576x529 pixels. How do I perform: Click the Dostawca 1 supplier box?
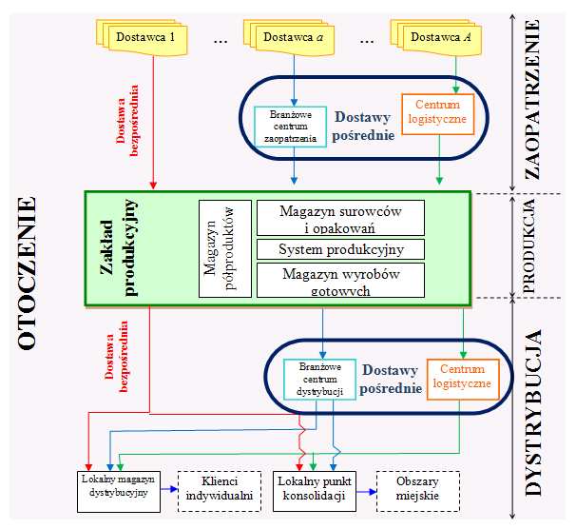[145, 37]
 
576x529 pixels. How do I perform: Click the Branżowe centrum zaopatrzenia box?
[292, 126]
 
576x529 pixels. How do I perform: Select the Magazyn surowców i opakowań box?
[340, 217]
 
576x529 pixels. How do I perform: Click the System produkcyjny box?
[340, 249]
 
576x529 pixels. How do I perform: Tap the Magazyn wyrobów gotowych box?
[340, 280]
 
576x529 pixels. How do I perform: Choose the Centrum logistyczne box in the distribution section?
[461, 376]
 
